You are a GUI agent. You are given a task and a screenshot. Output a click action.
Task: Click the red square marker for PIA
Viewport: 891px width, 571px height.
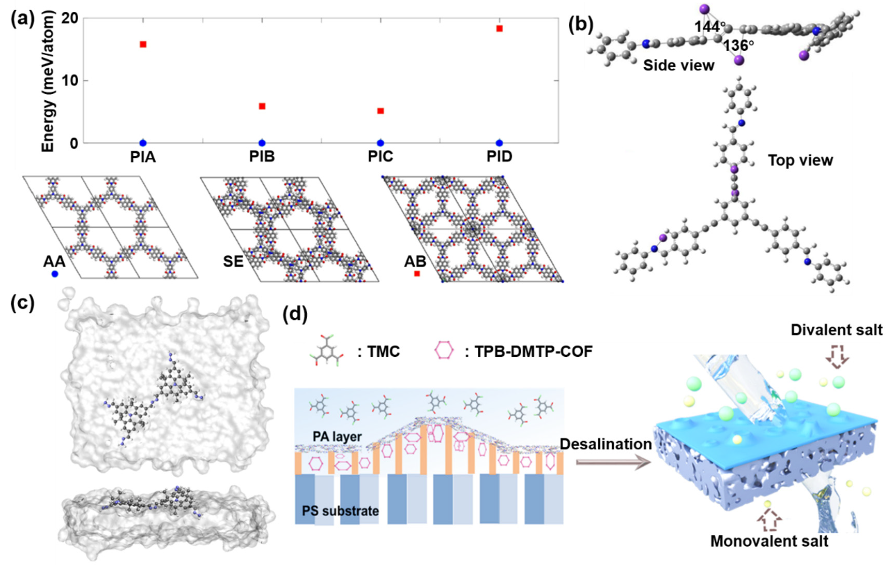[143, 44]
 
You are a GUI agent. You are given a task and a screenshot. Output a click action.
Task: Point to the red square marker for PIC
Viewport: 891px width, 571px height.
[380, 111]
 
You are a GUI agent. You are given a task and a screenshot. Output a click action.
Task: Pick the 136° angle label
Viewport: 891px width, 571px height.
[739, 46]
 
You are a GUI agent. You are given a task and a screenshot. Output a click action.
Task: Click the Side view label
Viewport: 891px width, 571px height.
[678, 65]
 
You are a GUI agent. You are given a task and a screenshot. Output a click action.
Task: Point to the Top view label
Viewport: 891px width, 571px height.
[800, 160]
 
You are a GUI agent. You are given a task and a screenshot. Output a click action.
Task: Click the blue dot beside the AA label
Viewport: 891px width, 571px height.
[55, 274]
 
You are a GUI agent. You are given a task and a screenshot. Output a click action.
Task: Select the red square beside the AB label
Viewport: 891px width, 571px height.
[417, 274]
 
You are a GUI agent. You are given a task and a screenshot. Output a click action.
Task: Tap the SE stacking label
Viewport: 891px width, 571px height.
[233, 262]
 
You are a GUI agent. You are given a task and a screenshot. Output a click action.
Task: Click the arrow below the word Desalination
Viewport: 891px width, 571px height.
[613, 462]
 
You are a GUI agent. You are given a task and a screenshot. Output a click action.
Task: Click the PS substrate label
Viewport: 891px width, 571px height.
[340, 511]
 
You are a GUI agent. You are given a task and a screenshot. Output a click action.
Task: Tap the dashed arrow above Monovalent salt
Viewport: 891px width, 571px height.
[770, 521]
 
